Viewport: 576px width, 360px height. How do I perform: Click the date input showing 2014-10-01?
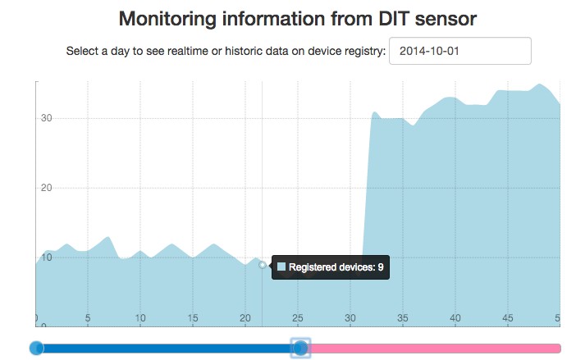(459, 51)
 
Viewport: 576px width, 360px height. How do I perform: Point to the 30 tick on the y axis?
(47, 118)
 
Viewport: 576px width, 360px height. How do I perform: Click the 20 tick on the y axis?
(47, 188)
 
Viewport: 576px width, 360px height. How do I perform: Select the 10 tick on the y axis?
(47, 257)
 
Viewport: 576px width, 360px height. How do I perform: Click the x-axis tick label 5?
(88, 318)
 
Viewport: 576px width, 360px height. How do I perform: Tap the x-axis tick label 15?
(192, 318)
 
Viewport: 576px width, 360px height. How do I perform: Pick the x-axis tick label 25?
(297, 318)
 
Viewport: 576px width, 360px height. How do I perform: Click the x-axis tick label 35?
(402, 318)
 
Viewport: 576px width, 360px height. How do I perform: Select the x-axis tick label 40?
(455, 318)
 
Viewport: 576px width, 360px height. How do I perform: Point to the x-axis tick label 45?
(507, 318)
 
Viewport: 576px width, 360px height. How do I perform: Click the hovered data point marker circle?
(263, 265)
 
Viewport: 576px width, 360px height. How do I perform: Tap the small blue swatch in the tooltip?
(281, 267)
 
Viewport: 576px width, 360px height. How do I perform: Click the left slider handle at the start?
(36, 349)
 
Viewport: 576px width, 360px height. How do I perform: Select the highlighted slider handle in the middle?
(301, 349)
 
